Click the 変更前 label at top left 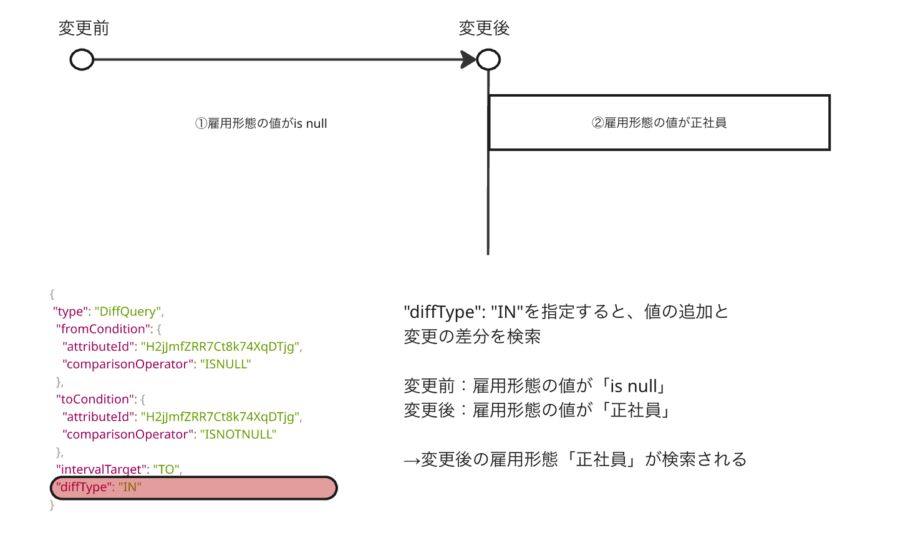tap(84, 28)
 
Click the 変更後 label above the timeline tap(484, 28)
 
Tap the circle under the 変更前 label tap(82, 60)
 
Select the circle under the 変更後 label tap(488, 60)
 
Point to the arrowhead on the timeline tap(468, 60)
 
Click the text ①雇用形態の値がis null tap(261, 123)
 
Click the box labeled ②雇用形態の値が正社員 tap(659, 123)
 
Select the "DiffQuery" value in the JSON tap(128, 312)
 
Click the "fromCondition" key tap(103, 329)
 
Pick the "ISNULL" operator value tap(225, 364)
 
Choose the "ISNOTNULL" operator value tap(238, 434)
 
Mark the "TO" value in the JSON tap(166, 469)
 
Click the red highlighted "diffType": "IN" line tap(193, 487)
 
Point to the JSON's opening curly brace tap(52, 294)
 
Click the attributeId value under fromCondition tap(220, 347)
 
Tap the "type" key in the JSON tap(69, 312)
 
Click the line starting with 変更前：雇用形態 tap(536, 386)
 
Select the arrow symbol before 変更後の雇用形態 tap(412, 461)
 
